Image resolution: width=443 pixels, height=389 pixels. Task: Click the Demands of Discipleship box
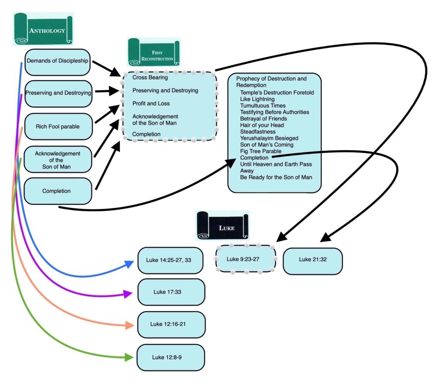coord(58,61)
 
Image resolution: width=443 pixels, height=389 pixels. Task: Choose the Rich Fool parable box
coord(58,127)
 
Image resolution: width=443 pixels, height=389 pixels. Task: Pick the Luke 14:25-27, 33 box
coord(170,260)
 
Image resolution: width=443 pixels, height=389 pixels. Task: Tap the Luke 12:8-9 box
coord(170,357)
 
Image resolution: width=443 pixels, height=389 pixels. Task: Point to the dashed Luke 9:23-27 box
coord(245,259)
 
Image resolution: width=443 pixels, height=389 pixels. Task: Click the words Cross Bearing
coord(150,78)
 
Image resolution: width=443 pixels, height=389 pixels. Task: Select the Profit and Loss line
coord(151,104)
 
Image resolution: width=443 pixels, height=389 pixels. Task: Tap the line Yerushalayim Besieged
coord(269,138)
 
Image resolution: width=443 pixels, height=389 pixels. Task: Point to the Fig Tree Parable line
coord(261,151)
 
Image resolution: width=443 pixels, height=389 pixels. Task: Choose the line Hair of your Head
coord(262,125)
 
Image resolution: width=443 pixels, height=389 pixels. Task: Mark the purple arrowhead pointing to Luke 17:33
coord(128,294)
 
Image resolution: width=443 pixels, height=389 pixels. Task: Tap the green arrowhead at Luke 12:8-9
coord(128,357)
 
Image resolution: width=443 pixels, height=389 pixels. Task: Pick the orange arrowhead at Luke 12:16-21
coord(128,325)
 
